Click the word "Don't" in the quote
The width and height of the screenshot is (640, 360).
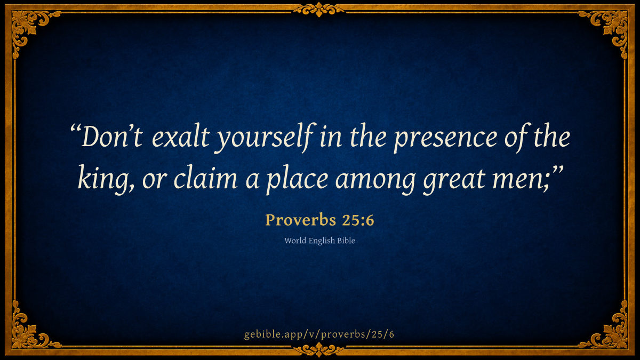[x=111, y=137]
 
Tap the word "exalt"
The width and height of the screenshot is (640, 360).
[x=181, y=137]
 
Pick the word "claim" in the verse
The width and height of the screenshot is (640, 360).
[x=205, y=178]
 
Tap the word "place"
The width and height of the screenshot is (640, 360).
[x=297, y=180]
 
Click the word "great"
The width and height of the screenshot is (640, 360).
[x=454, y=181]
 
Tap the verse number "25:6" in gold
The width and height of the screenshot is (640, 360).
[x=358, y=220]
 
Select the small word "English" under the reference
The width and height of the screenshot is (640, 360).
[x=322, y=241]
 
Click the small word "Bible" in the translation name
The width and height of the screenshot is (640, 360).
[x=346, y=241]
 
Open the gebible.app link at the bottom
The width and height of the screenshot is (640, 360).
[x=319, y=334]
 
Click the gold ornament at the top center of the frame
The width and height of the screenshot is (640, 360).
[x=319, y=10]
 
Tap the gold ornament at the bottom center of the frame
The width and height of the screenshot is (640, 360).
[x=319, y=350]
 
